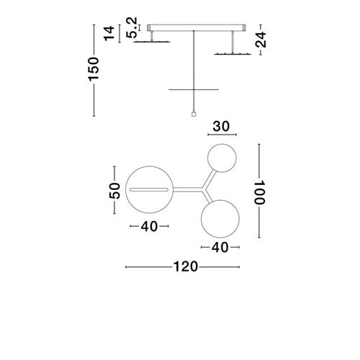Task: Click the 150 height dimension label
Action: [x=94, y=69]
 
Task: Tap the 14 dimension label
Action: [x=109, y=34]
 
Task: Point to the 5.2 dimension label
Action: [x=132, y=27]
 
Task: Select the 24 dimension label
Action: [x=261, y=40]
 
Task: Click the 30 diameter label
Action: [x=221, y=127]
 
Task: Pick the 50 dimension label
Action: [x=114, y=191]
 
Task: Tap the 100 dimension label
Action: [x=259, y=192]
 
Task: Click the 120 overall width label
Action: [x=186, y=266]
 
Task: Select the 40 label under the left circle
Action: [x=149, y=226]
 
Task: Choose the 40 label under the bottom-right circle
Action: [x=220, y=247]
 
